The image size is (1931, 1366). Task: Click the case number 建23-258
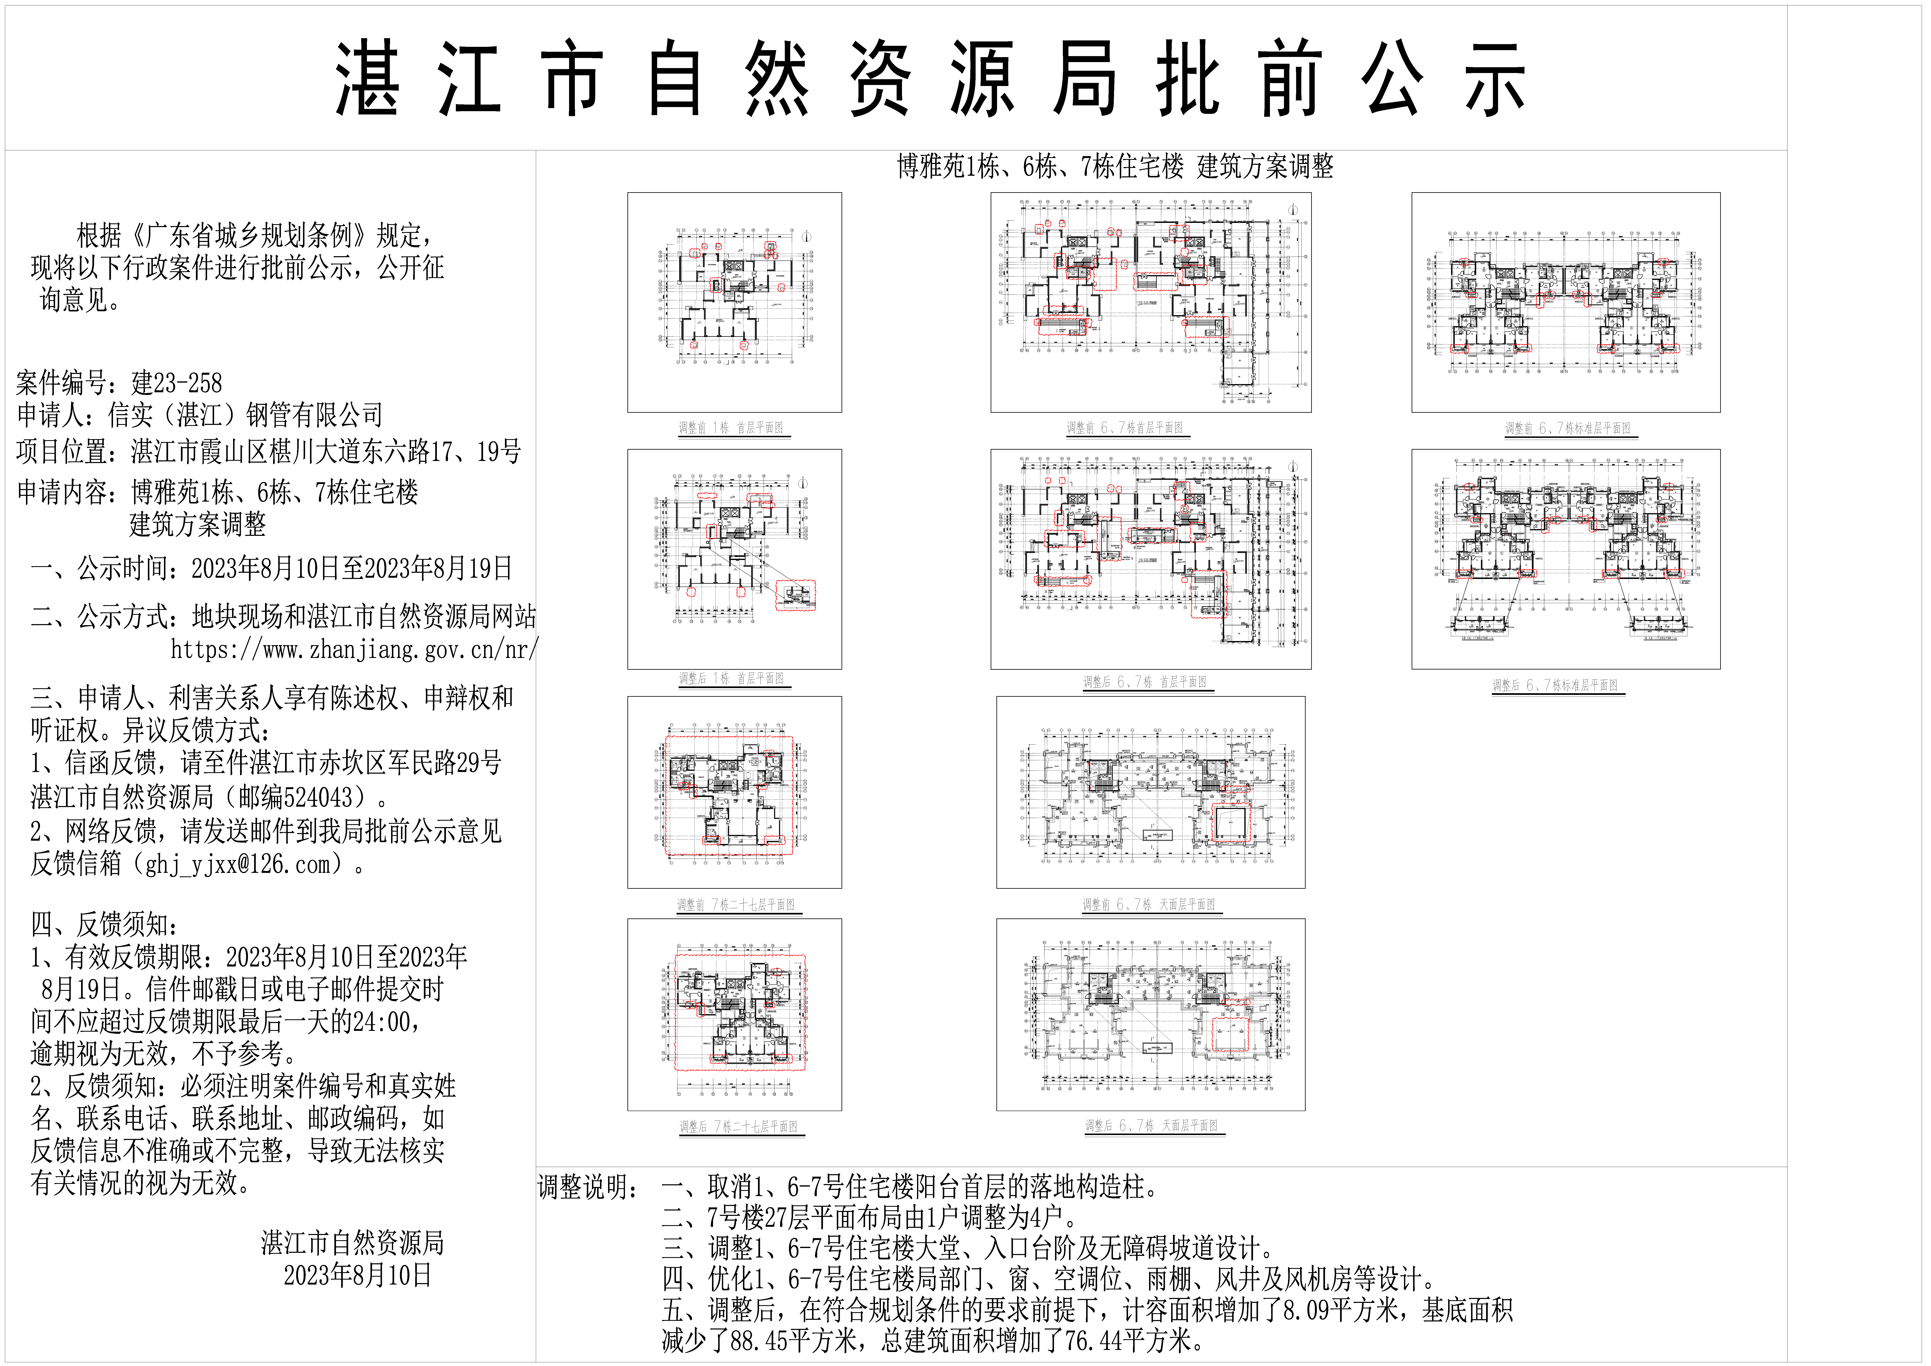pos(177,384)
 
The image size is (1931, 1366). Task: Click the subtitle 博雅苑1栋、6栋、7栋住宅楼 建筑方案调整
pos(1115,166)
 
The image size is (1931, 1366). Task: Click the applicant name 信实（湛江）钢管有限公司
pos(246,415)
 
